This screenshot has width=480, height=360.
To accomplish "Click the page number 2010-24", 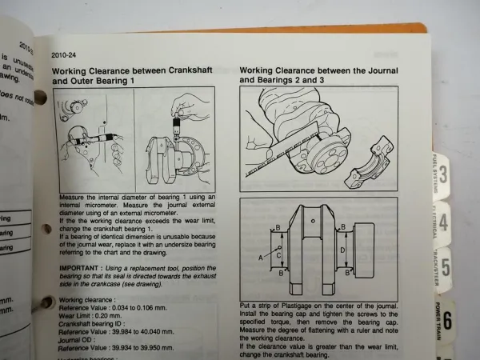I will (x=64, y=54).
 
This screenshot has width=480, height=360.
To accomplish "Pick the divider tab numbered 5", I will (x=445, y=265).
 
